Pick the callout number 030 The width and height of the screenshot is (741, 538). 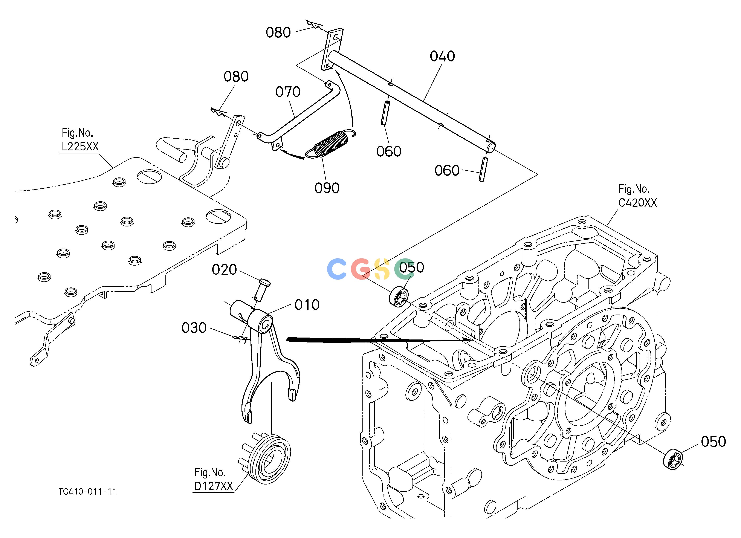point(194,328)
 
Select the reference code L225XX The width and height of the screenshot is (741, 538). point(80,146)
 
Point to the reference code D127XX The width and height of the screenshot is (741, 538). point(213,486)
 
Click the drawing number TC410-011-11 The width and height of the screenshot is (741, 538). point(88,492)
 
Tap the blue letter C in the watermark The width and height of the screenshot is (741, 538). point(336,269)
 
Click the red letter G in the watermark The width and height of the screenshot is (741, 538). point(360,269)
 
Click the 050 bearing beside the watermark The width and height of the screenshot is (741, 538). point(399,296)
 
